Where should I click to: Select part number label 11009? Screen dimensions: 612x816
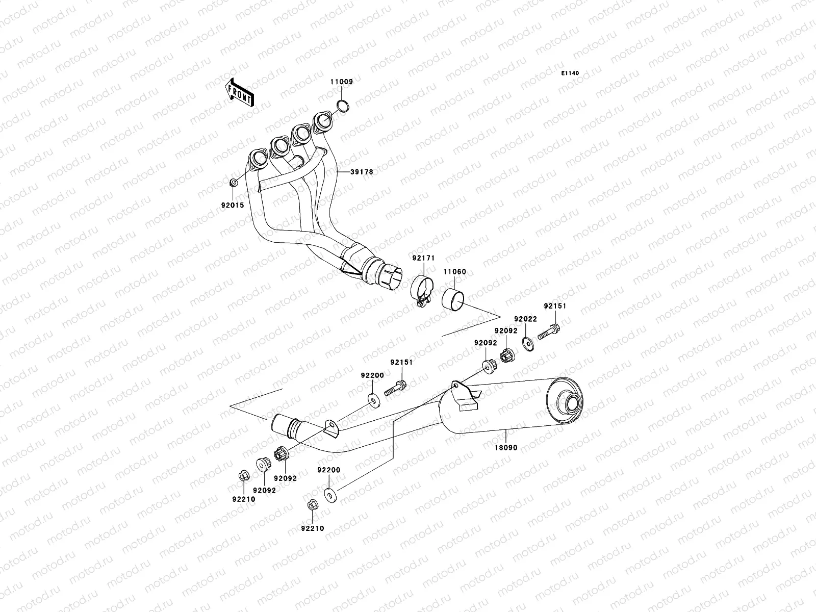click(341, 82)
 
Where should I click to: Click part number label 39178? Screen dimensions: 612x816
click(361, 172)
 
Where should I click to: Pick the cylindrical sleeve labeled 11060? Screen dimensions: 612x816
click(453, 298)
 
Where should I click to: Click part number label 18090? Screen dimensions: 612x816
click(505, 447)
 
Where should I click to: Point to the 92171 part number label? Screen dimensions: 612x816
click(423, 259)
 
